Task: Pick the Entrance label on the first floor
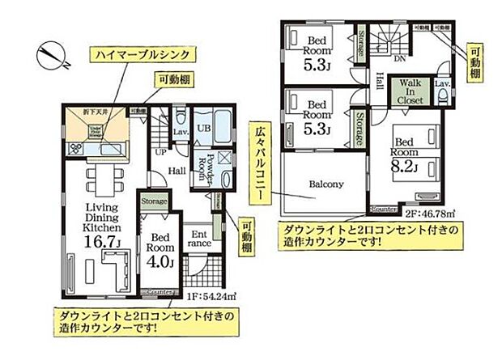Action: coord(200,239)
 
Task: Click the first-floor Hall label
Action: coord(177,170)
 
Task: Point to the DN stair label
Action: coord(399,59)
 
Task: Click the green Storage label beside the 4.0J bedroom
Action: coord(154,201)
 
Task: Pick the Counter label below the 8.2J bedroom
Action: coord(384,210)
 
